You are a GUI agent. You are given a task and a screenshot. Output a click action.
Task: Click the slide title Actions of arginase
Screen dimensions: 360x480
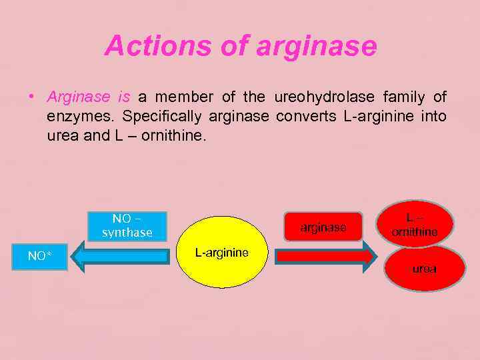[x=241, y=46]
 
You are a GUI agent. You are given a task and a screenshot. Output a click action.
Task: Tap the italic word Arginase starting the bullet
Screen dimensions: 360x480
[x=78, y=97]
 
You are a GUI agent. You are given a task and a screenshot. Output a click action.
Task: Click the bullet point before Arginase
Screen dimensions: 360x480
[x=31, y=97]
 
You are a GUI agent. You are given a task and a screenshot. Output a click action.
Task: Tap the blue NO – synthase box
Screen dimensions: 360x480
[x=127, y=225]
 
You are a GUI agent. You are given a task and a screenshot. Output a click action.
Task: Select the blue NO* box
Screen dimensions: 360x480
[x=40, y=256]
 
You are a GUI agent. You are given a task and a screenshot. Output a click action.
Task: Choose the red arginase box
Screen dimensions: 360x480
[x=323, y=227]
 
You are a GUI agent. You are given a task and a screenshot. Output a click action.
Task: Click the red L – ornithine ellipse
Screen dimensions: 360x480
[x=415, y=225]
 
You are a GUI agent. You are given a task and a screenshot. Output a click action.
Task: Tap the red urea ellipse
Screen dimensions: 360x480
[x=424, y=268]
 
